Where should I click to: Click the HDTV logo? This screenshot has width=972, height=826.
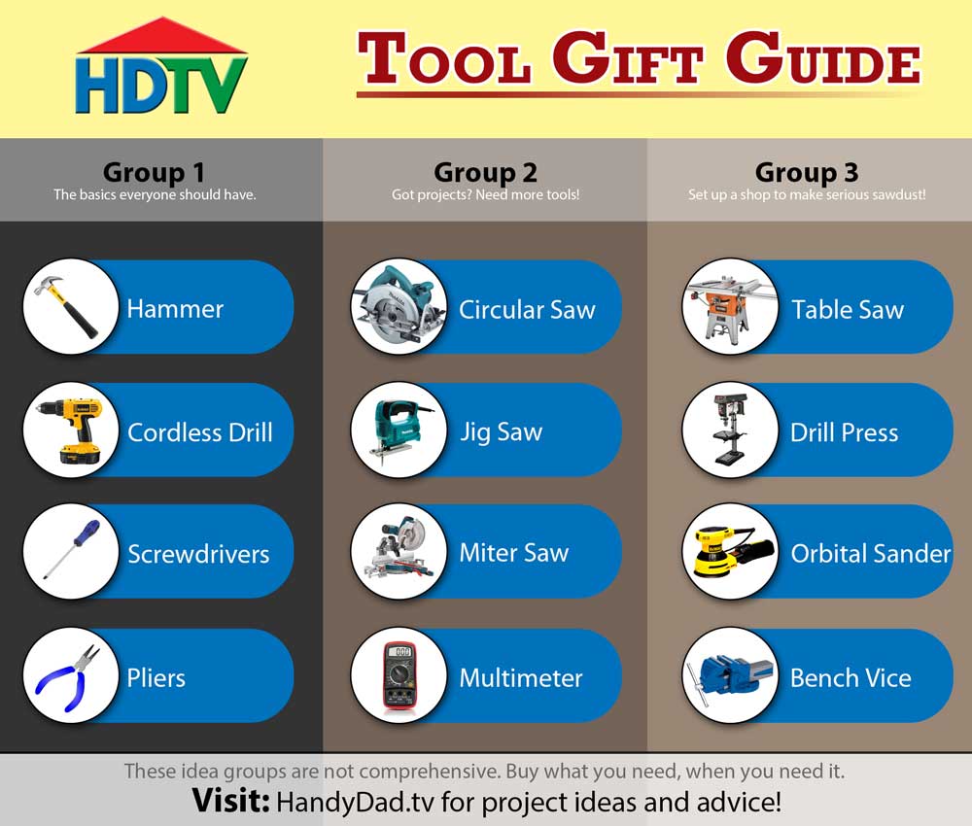(x=161, y=67)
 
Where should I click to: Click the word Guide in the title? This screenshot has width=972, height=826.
(x=824, y=58)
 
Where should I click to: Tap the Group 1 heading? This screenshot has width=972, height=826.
(x=154, y=172)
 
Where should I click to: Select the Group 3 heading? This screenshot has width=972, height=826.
(x=807, y=172)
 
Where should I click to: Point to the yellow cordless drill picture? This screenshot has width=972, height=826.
(x=70, y=430)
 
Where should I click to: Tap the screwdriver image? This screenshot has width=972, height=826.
(x=71, y=550)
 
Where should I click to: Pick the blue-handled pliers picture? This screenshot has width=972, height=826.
(x=68, y=677)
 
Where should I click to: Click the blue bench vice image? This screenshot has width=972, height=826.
(x=730, y=676)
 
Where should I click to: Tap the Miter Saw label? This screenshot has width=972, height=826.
(x=514, y=552)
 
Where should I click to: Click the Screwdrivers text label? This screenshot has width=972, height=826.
(x=198, y=553)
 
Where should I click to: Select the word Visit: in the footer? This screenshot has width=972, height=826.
(x=230, y=800)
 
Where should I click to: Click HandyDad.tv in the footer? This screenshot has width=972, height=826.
(x=355, y=801)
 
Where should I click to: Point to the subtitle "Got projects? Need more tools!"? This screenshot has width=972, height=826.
(x=485, y=194)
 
